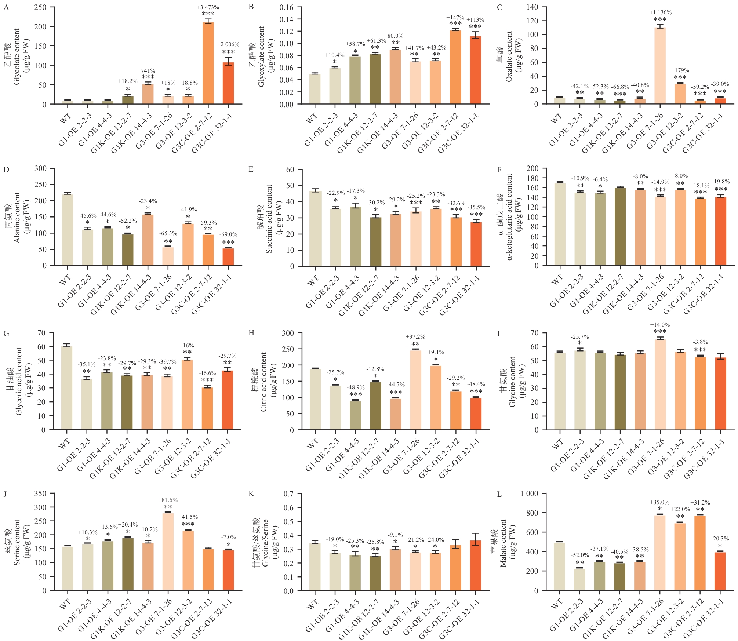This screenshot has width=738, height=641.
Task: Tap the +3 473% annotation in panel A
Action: coord(208,7)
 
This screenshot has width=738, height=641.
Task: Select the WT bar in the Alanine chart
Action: coord(67,230)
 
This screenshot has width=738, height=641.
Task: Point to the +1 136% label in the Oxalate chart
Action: coord(660,12)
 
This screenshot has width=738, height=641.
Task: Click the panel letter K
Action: coord(251,494)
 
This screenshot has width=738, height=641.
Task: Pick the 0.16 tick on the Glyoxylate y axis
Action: coord(286,7)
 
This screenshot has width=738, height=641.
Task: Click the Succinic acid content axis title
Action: coord(269,219)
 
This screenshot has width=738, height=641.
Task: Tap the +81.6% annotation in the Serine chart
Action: coord(168,500)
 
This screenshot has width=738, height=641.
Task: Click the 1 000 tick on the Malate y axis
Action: coord(529,494)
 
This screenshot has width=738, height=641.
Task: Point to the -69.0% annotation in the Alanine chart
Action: coord(228,234)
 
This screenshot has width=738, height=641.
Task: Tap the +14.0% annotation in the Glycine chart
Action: coord(660,325)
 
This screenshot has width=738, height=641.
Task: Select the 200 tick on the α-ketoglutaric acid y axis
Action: coord(532,168)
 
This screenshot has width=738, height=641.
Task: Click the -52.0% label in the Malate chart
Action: coord(580,555)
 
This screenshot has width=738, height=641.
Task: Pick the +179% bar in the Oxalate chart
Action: coord(680,94)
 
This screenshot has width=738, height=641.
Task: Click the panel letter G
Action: coord(6,334)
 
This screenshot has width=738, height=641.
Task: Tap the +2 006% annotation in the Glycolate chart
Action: coord(228,44)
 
